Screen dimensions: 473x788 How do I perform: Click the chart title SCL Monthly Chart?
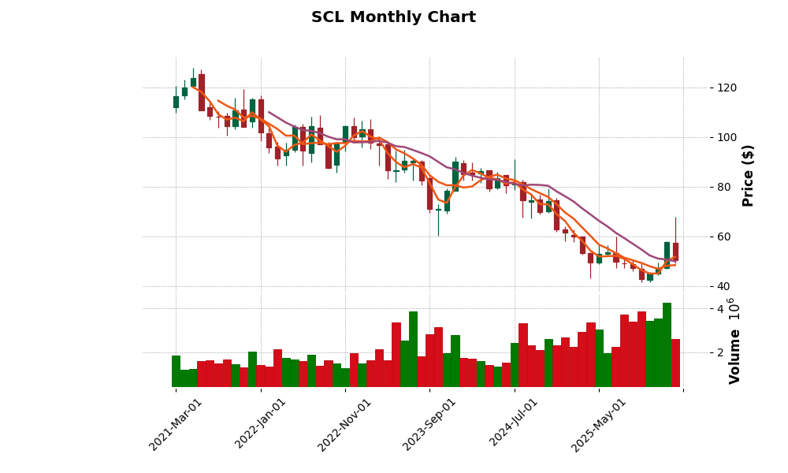pos(393,17)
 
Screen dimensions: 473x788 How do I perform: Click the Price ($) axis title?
pos(748,175)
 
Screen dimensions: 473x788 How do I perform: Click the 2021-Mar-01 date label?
pos(176,424)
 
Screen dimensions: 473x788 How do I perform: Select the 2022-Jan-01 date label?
pos(261,424)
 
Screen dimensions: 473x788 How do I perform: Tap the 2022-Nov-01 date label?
pos(344,424)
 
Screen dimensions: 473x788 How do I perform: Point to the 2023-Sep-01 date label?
pos(429,424)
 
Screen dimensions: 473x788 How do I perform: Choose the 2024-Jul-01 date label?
pos(514,424)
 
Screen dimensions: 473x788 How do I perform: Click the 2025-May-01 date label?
pos(599,424)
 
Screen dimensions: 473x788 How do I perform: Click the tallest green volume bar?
pos(667,345)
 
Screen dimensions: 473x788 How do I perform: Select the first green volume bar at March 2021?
pos(176,371)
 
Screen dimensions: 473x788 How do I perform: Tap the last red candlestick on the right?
pos(675,251)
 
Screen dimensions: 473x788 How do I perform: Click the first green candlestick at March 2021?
pos(176,102)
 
